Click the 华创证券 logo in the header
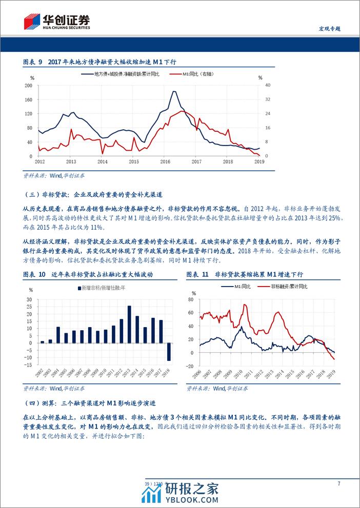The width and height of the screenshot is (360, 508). point(56,22)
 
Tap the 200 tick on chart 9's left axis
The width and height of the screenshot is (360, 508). point(29,85)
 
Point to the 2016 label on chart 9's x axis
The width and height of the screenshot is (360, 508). point(165,161)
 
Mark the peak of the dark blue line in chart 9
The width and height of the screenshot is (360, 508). point(174,92)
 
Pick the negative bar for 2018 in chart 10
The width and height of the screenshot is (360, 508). point(169,352)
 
